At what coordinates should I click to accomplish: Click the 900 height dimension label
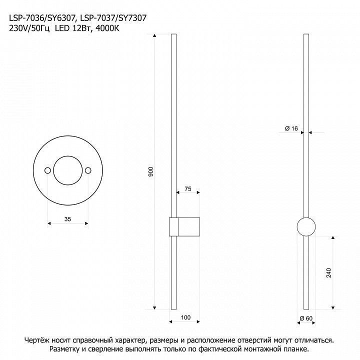tap(150, 171)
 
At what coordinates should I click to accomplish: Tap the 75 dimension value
tap(188, 189)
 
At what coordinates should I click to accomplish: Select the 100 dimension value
tap(185, 317)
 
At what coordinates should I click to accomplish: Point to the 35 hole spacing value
tap(67, 219)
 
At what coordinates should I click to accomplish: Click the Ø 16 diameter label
tap(291, 128)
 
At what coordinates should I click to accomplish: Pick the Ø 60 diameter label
tap(306, 318)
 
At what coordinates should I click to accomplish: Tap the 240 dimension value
tap(329, 273)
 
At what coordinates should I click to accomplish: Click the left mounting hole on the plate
tap(47, 170)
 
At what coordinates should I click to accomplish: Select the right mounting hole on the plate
tap(88, 170)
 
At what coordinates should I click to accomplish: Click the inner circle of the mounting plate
tap(67, 156)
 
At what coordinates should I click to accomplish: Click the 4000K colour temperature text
tap(107, 28)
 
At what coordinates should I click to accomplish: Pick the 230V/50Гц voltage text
tap(29, 28)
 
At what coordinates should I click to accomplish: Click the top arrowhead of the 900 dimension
tap(154, 35)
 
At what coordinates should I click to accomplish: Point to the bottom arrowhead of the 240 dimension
tap(333, 307)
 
